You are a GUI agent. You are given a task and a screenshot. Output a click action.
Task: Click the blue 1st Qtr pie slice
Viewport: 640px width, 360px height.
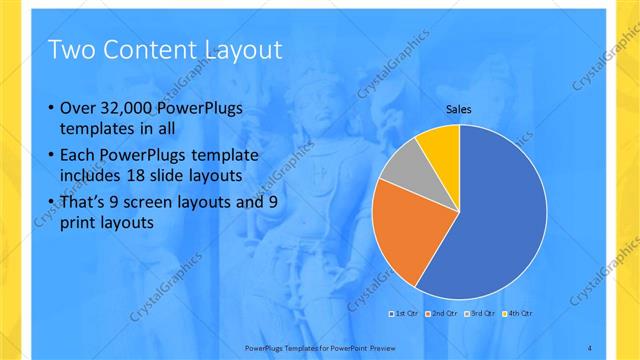490,220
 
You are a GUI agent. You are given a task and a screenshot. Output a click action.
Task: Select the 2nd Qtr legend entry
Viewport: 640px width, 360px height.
444,315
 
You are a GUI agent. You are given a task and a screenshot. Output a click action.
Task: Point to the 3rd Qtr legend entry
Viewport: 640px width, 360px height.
482,315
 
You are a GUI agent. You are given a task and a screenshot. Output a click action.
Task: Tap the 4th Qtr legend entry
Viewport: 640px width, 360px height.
519,315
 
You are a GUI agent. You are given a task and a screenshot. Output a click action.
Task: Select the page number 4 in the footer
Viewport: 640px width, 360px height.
590,347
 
